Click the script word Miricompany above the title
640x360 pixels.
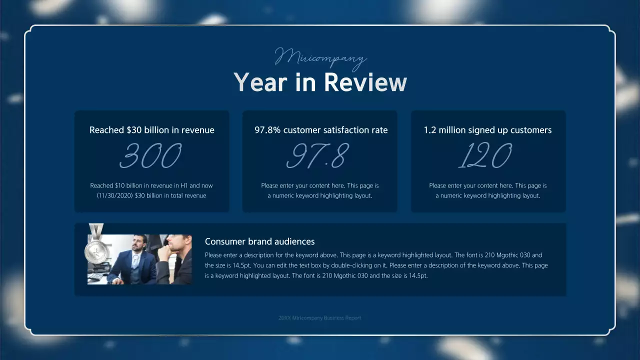(x=320, y=57)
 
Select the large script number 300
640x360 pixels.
(x=151, y=156)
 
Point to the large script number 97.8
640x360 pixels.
(x=316, y=156)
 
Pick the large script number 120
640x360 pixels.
(x=485, y=156)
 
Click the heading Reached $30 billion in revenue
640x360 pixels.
(x=151, y=130)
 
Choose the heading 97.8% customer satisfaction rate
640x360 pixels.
(x=321, y=130)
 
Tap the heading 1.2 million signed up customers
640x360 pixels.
(x=487, y=130)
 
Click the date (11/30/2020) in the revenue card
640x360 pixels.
(x=114, y=195)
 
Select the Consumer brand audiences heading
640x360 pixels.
(x=259, y=241)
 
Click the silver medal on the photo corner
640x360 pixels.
(x=95, y=249)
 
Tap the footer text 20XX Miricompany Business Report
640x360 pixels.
(x=319, y=318)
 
